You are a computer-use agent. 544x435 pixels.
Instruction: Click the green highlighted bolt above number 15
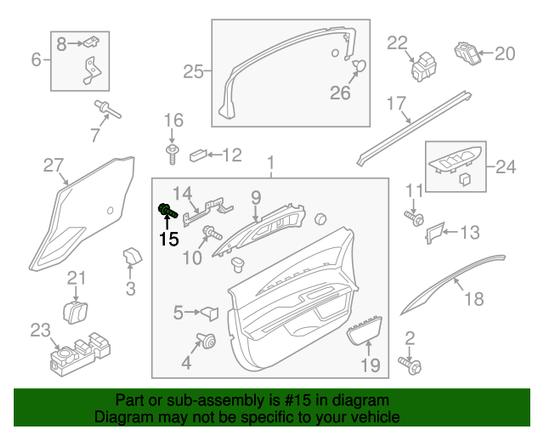pos(167,211)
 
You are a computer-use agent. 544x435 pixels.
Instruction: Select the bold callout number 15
pos(169,239)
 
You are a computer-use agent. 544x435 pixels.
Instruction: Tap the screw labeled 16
pos(172,155)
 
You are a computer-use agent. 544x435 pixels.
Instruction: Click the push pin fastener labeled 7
pos(107,109)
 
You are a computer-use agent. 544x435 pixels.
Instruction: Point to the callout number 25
pos(193,72)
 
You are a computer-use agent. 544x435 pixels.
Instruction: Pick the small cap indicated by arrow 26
pos(359,65)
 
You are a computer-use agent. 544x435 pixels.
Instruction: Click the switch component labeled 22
pos(424,67)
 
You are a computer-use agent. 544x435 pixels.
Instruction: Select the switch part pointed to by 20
pos(468,53)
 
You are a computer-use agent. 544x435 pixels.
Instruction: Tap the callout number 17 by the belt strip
pos(396,103)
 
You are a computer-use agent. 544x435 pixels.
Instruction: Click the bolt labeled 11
pos(414,218)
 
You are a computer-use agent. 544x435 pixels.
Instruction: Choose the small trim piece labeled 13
pos(434,232)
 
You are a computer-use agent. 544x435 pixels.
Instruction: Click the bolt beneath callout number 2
pos(410,366)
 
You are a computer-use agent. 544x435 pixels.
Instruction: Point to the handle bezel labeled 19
pos(365,331)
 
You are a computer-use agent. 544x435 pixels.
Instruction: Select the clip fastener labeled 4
pos(207,341)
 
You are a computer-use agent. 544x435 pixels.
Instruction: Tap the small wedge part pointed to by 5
pos(210,313)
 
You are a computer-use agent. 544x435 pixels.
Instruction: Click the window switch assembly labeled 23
pos(80,355)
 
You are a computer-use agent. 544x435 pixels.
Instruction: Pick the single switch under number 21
pos(75,312)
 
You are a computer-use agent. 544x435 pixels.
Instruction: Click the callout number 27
pos(53,165)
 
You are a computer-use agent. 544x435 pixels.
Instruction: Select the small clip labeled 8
pos(91,42)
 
